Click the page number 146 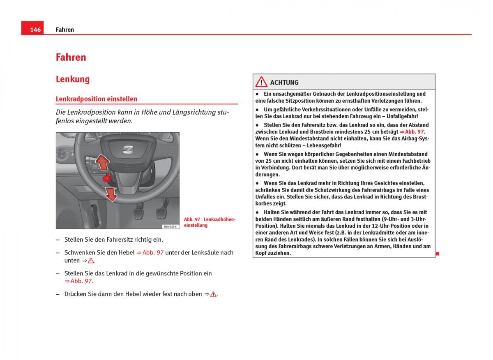(35, 30)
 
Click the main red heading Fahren (71, 57)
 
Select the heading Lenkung (73, 79)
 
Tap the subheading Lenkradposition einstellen (97, 99)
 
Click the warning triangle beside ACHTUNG (261, 82)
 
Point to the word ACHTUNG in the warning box (284, 83)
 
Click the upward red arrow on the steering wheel (102, 162)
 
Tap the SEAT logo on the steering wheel (128, 150)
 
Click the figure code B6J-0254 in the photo (169, 226)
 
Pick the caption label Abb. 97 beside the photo (192, 219)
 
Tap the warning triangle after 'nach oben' (213, 294)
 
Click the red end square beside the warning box (438, 254)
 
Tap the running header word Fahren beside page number (65, 30)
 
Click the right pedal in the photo (161, 213)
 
